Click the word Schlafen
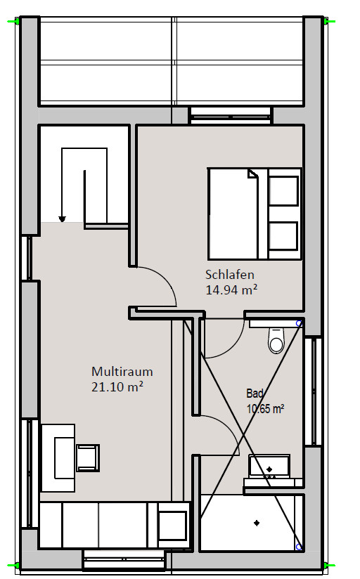pos(229,275)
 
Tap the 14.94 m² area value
pos(231,290)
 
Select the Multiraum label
pos(122,372)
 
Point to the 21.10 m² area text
pos(117,387)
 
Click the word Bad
pos(255,393)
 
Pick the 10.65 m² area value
pos(265,409)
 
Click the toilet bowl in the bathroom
pos(276,341)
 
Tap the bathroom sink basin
pos(269,467)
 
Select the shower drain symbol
pos(257,523)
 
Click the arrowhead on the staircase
pos(62,219)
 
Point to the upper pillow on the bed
pos(283,191)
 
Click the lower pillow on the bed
pos(283,236)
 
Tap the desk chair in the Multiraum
pos(88,458)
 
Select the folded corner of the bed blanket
pos(253,174)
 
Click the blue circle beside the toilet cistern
pos(299,323)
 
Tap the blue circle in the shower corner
pos(299,547)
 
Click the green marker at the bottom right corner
pos(329,565)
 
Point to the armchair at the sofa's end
pos(172,525)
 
